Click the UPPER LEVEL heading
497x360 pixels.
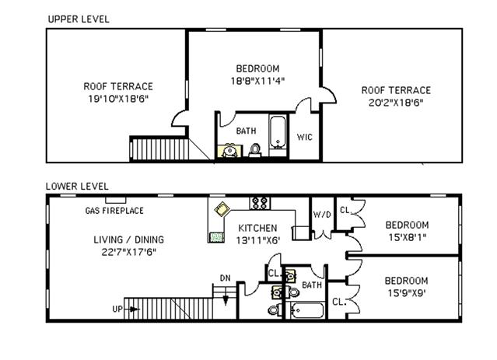pos(79,19)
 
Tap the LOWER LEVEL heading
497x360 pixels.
pos(77,187)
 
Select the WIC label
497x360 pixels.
pos(305,137)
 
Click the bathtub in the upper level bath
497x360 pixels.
pos(278,132)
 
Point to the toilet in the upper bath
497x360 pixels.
pos(255,150)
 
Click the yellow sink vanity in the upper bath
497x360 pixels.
pos(229,151)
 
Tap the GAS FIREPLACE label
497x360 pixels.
pos(114,211)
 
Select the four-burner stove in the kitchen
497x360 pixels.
pos(260,203)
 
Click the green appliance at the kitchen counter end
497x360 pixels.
pos(216,237)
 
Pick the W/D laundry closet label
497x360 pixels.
pos(322,215)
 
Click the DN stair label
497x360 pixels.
pos(226,278)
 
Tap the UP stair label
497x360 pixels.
pos(117,309)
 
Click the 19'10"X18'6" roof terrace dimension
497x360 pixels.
pos(118,99)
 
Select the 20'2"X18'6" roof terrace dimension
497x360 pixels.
pos(396,103)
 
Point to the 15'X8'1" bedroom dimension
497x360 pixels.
pos(408,237)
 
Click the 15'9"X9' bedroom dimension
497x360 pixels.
pos(407,293)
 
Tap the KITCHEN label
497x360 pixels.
pos(257,228)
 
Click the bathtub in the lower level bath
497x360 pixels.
pos(307,310)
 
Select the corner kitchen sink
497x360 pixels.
pos(222,209)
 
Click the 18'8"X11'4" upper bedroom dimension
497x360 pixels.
pos(257,81)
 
